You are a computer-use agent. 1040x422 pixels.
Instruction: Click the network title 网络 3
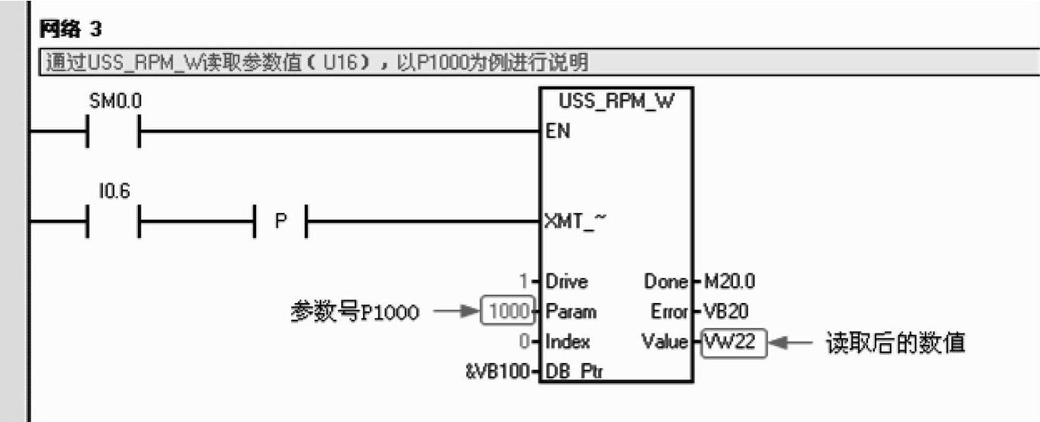(x=70, y=30)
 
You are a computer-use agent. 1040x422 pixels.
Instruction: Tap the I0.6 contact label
(x=114, y=192)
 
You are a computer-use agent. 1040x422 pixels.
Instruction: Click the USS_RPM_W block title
(x=616, y=102)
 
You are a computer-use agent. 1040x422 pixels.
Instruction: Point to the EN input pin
(x=558, y=132)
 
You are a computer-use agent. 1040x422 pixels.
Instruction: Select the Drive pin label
(x=566, y=282)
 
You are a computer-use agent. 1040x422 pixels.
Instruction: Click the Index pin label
(x=567, y=342)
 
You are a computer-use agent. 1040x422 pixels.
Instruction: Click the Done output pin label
(x=665, y=282)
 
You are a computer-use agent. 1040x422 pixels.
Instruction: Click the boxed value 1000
(x=507, y=311)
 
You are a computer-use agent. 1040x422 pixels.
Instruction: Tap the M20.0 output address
(x=728, y=282)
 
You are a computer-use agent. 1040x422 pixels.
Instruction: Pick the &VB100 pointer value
(x=496, y=372)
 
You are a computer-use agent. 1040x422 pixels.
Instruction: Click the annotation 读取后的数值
(x=894, y=342)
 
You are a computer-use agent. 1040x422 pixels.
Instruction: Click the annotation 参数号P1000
(x=355, y=311)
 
